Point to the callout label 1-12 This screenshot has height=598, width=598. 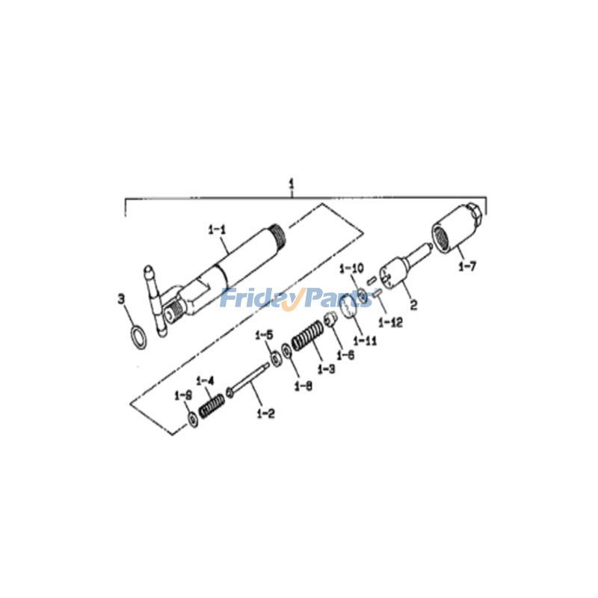[x=390, y=323]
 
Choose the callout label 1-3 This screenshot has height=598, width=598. [x=325, y=370]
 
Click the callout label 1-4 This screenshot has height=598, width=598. [x=206, y=380]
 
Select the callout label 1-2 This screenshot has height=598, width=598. [x=265, y=413]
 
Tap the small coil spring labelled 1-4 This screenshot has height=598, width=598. [x=212, y=404]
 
